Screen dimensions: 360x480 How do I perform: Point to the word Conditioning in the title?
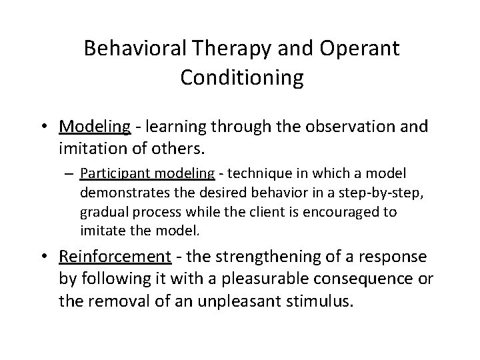click(x=241, y=78)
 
